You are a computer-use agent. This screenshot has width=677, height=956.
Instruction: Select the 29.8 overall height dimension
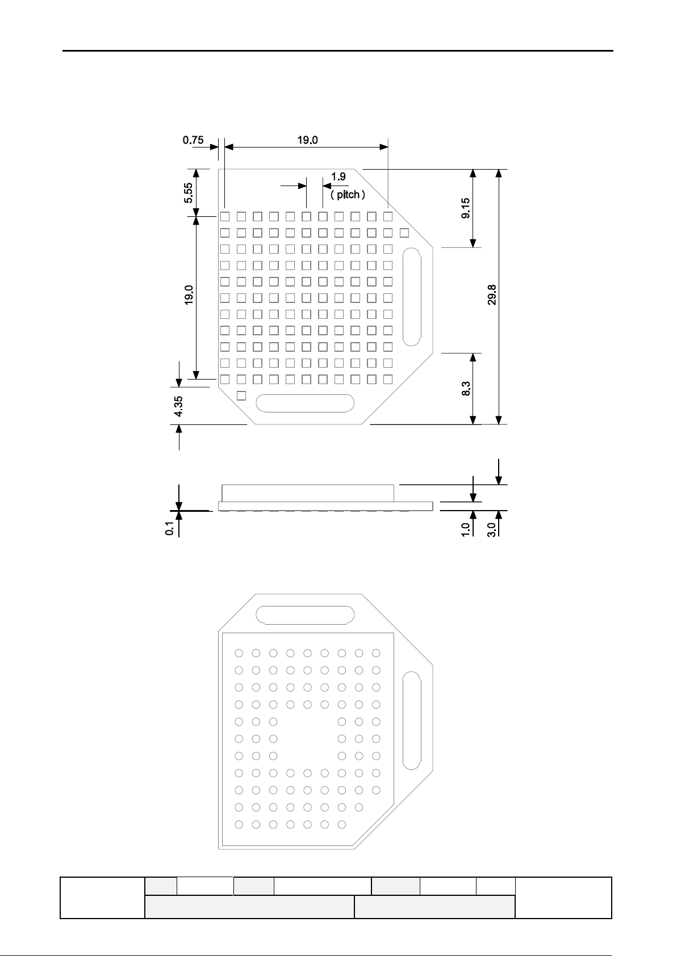click(x=492, y=295)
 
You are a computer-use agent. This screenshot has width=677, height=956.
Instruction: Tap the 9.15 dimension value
click(x=466, y=209)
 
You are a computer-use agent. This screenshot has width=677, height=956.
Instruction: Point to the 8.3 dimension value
click(x=466, y=389)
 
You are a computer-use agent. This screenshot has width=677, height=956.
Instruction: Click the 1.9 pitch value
click(x=338, y=176)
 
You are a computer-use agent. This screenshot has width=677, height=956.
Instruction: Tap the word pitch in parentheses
click(x=348, y=195)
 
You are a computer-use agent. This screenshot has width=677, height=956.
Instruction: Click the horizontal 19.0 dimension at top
click(x=307, y=140)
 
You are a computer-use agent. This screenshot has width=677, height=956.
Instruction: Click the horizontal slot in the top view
click(x=306, y=403)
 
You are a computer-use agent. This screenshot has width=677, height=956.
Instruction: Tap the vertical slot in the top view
click(x=411, y=297)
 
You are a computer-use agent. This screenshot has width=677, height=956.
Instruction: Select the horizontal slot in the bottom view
click(x=306, y=615)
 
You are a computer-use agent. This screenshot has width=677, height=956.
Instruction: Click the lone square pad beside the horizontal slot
click(x=241, y=395)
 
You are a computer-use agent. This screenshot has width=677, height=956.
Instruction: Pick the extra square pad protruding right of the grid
click(x=404, y=233)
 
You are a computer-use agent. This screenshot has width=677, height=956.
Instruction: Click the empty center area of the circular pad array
click(x=307, y=738)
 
